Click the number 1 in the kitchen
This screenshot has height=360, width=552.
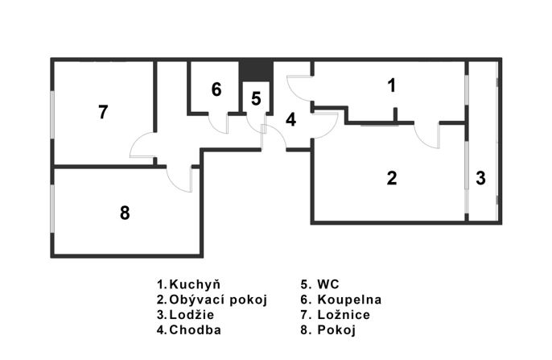(x=391, y=85)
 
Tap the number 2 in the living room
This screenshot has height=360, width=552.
(x=392, y=178)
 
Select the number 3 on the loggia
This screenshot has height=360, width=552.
(x=480, y=178)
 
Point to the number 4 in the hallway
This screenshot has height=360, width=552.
(x=290, y=120)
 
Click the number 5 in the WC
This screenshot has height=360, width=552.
(x=256, y=98)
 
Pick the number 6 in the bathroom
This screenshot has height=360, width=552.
(x=216, y=89)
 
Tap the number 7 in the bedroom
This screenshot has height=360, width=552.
(x=103, y=112)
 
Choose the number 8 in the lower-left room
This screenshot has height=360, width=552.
(x=125, y=213)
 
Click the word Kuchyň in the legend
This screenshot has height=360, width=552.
(x=195, y=284)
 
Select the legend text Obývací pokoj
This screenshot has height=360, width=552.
(x=218, y=300)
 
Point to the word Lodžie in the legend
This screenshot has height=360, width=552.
(x=192, y=315)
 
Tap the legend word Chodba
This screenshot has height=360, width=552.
(x=195, y=330)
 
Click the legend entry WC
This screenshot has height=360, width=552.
(x=328, y=284)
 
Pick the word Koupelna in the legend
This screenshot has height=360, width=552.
(x=349, y=300)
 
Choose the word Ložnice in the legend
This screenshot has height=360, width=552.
(x=344, y=315)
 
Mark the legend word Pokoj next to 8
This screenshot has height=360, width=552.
(x=336, y=330)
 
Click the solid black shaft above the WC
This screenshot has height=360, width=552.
(x=256, y=70)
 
